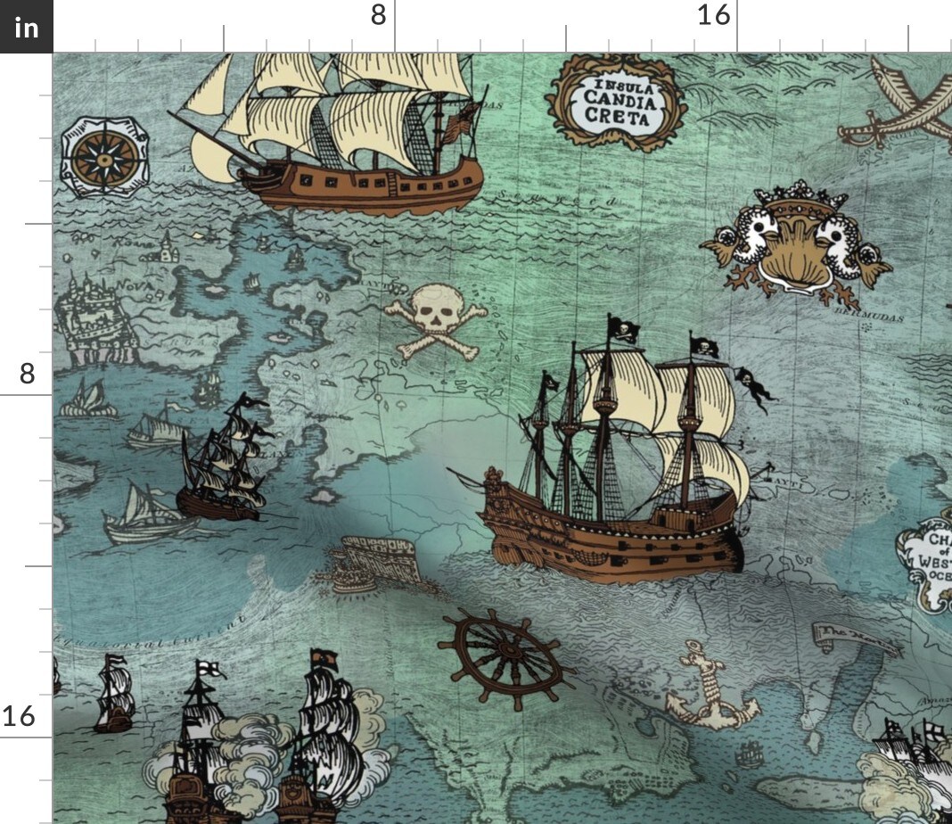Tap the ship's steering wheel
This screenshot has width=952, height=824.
[x=505, y=658]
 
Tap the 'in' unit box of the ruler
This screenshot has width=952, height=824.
[x=27, y=28]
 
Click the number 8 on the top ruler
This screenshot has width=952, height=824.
[x=379, y=15]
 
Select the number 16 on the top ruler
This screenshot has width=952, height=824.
[x=713, y=15]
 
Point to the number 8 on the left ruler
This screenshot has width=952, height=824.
[x=27, y=373]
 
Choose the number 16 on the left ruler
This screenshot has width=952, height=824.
[x=20, y=715]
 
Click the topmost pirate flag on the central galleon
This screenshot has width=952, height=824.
[x=623, y=328]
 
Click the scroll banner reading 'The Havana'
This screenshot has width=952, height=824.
[x=842, y=635]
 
